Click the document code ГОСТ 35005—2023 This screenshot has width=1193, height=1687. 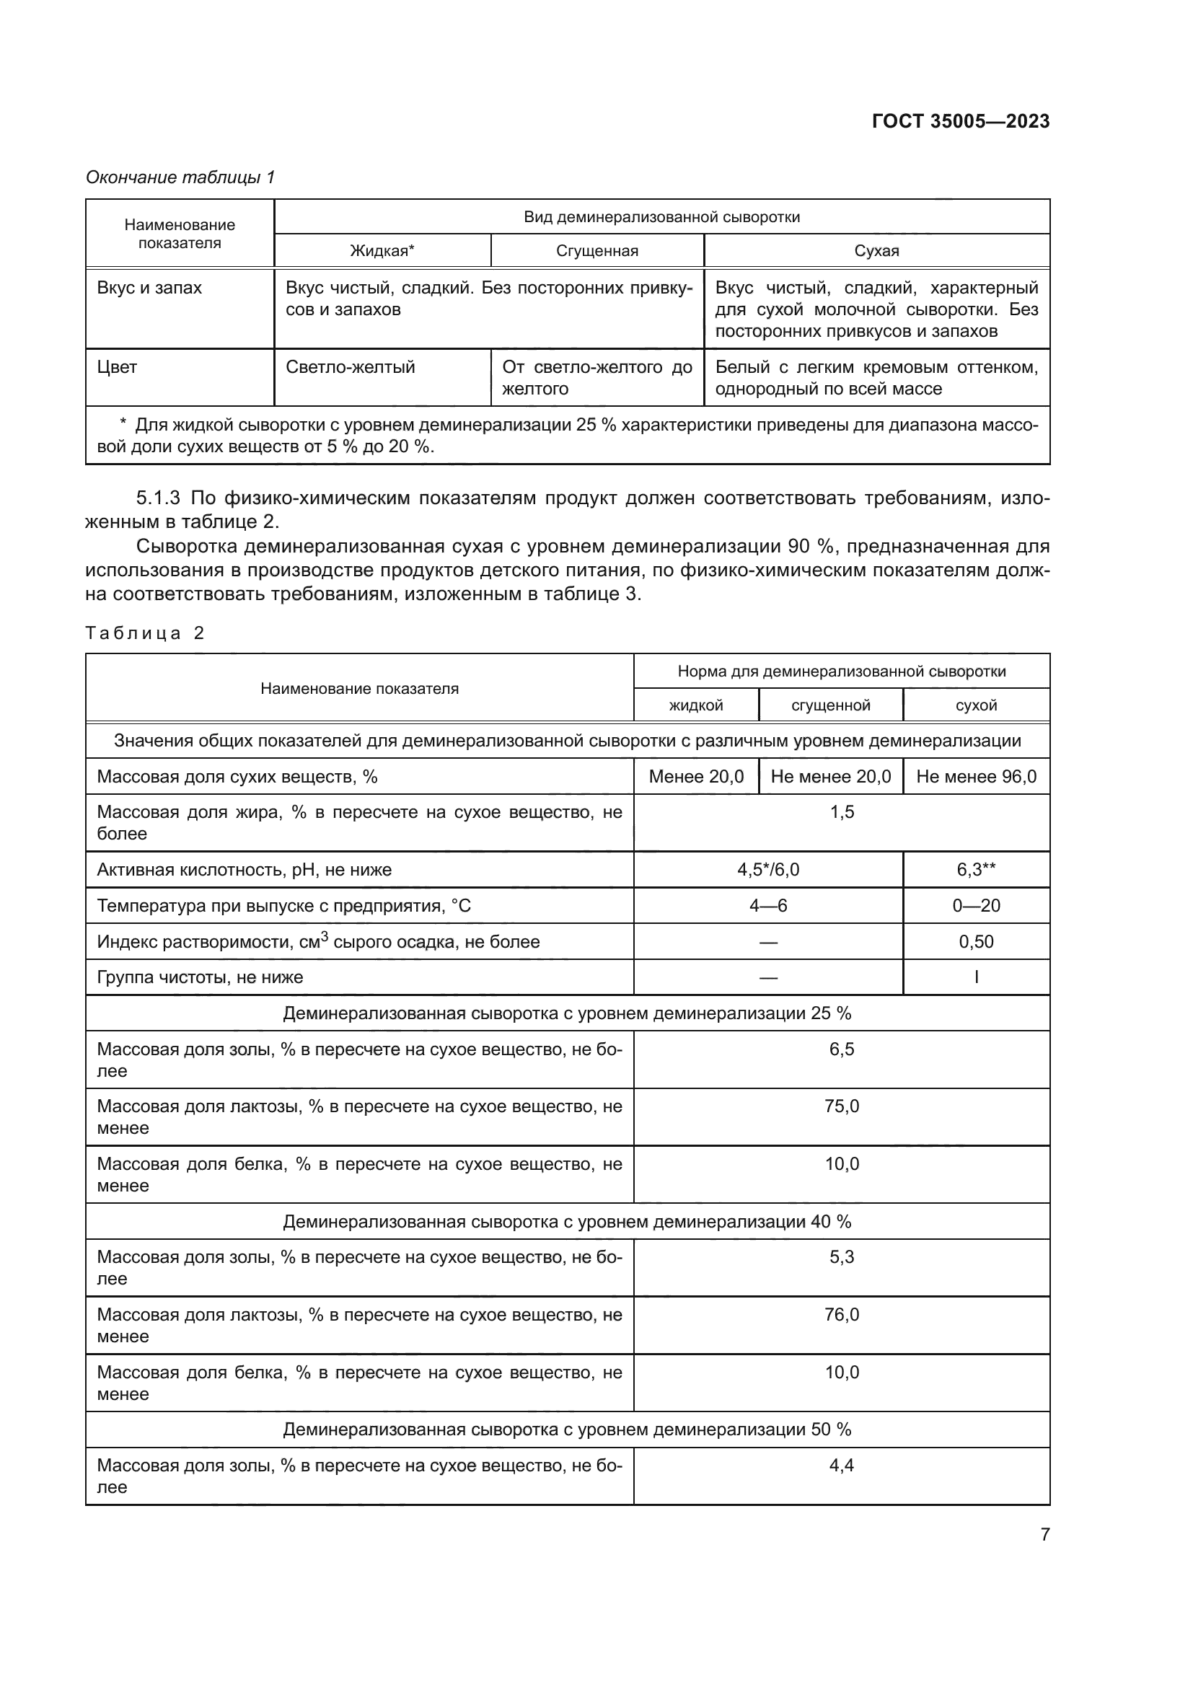(x=960, y=121)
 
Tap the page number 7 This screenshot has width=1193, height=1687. (x=1044, y=1534)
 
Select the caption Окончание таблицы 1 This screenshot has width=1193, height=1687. (x=180, y=177)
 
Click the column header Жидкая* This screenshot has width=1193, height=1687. (x=382, y=250)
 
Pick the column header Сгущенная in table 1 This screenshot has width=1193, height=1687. (x=596, y=250)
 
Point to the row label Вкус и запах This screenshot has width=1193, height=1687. (x=149, y=288)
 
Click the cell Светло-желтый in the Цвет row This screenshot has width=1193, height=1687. (x=350, y=367)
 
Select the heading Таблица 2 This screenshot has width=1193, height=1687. (x=145, y=633)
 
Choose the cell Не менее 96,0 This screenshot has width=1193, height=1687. (x=976, y=777)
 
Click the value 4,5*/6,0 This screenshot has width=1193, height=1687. (x=767, y=870)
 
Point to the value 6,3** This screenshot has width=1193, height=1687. (x=976, y=870)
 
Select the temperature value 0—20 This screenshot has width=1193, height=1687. (x=976, y=906)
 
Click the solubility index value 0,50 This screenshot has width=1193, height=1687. (x=976, y=942)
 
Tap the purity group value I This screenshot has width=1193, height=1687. (x=976, y=977)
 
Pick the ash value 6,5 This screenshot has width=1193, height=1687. (x=841, y=1049)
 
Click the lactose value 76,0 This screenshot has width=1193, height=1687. (x=841, y=1315)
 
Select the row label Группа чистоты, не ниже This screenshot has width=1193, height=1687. (x=200, y=977)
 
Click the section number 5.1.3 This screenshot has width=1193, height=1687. (x=158, y=498)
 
